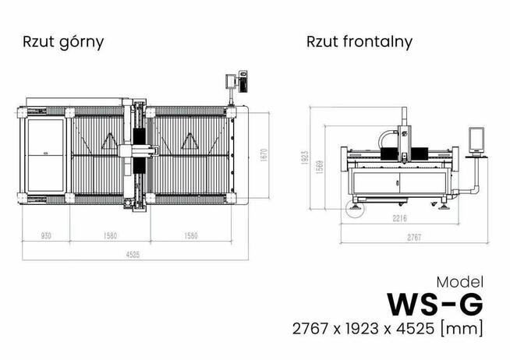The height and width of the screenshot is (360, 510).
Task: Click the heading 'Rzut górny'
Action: pyautogui.click(x=64, y=41)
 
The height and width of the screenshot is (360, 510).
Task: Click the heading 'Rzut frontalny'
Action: pyautogui.click(x=359, y=41)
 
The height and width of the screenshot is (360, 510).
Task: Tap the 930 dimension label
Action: pyautogui.click(x=47, y=235)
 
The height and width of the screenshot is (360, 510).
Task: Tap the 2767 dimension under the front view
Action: pyautogui.click(x=413, y=237)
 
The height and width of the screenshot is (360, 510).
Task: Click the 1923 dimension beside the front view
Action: pyautogui.click(x=306, y=158)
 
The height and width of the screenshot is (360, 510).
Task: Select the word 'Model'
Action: pyautogui.click(x=459, y=281)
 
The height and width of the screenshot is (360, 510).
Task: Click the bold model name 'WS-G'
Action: pyautogui.click(x=434, y=302)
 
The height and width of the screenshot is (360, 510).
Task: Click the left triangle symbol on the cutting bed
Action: pyautogui.click(x=109, y=143)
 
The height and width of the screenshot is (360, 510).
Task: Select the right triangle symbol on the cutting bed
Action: pyautogui.click(x=189, y=143)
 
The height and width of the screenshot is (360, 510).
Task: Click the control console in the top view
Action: pyautogui.click(x=236, y=82)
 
